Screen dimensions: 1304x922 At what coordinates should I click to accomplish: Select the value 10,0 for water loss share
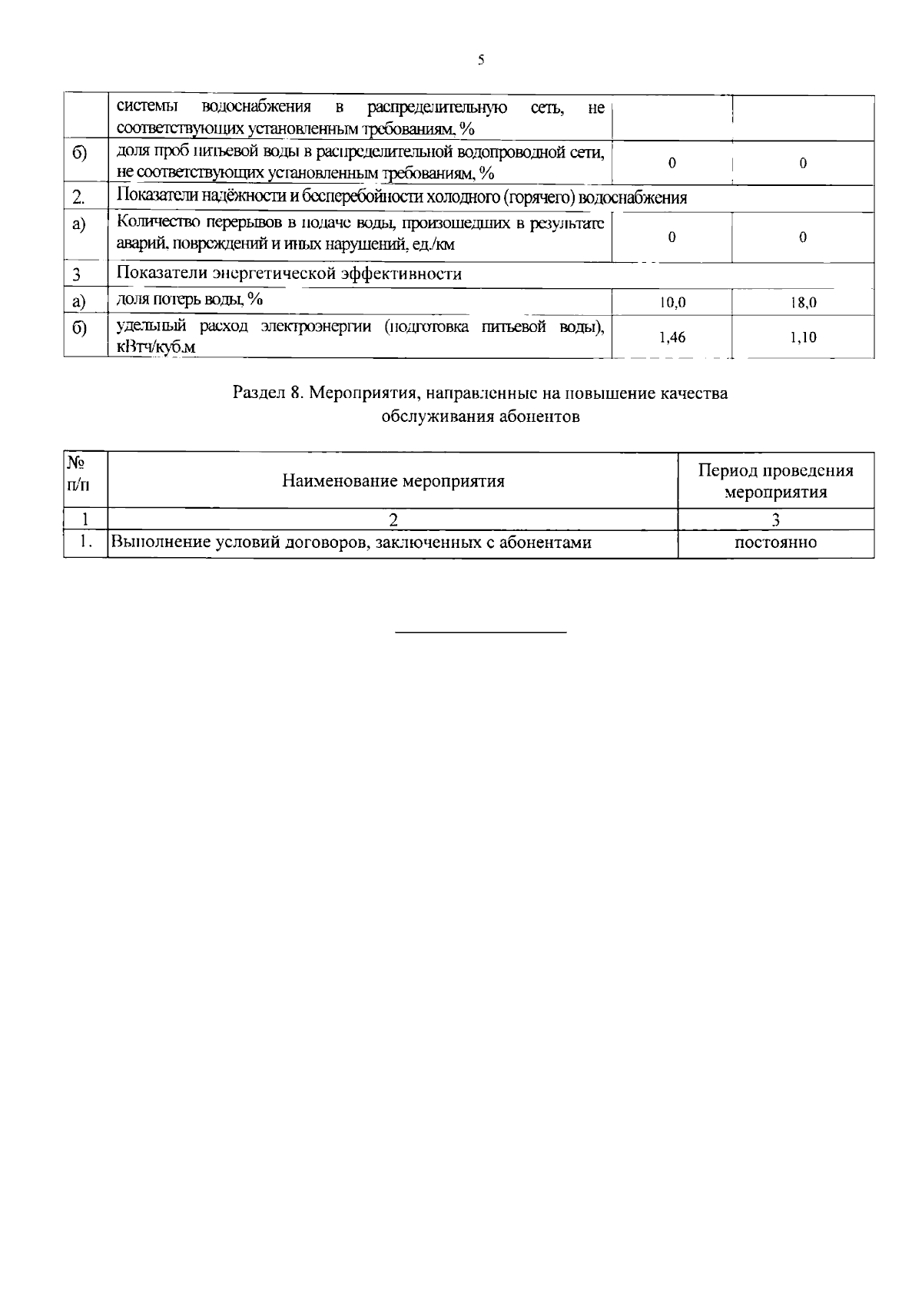(x=672, y=304)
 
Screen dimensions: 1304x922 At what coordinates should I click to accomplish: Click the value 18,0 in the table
(x=803, y=304)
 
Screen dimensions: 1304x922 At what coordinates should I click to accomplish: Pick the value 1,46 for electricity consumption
(x=672, y=337)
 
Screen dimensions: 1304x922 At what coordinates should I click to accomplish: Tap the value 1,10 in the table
(x=803, y=337)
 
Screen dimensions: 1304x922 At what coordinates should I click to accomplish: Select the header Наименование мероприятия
(x=393, y=481)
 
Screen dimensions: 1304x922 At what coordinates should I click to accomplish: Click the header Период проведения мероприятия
(x=776, y=481)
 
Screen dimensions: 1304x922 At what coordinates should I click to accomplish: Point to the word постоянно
(x=776, y=543)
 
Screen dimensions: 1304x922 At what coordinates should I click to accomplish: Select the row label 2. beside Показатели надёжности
(x=78, y=198)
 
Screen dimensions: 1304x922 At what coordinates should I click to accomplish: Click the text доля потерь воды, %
(x=189, y=299)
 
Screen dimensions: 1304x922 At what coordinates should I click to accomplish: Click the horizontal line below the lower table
(x=481, y=632)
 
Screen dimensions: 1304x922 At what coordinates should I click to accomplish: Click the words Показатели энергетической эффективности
(x=289, y=274)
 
